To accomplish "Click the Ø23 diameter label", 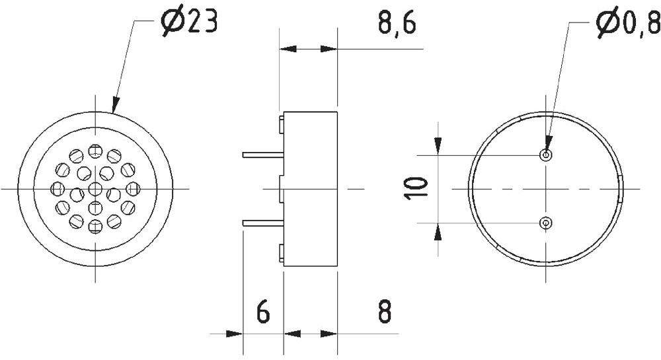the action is point(189,22).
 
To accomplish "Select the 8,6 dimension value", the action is point(396,23).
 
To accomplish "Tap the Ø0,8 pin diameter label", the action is point(629,24).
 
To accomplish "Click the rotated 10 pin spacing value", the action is point(417,189).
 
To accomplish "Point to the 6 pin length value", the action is point(262,312).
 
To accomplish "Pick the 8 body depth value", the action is point(385,312).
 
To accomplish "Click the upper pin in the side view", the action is point(263,155).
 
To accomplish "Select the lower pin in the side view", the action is point(263,223).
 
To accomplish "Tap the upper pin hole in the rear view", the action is point(547,155).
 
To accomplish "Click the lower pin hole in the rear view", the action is point(547,223).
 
